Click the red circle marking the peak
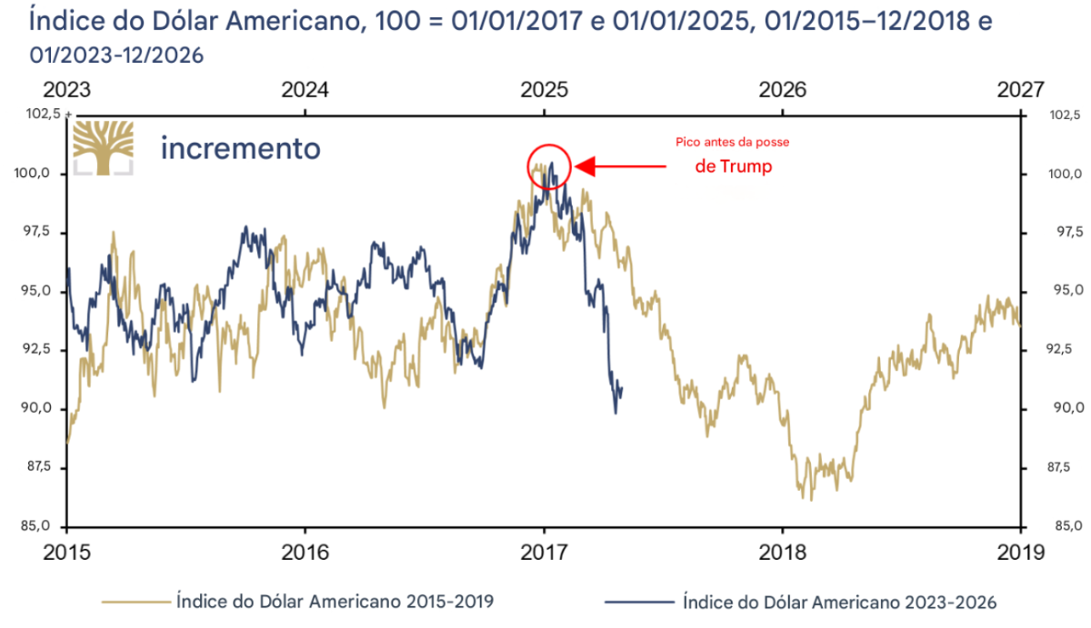click(x=548, y=165)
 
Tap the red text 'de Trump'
click(x=733, y=167)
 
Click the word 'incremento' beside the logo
click(x=240, y=147)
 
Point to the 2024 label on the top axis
click(x=305, y=90)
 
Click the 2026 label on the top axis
click(x=782, y=90)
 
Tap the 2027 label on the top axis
click(x=1020, y=90)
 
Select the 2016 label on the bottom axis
click(x=305, y=551)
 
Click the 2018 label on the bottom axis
click(x=782, y=551)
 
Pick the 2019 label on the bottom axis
click(x=1020, y=551)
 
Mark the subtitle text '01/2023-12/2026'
click(x=116, y=56)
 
